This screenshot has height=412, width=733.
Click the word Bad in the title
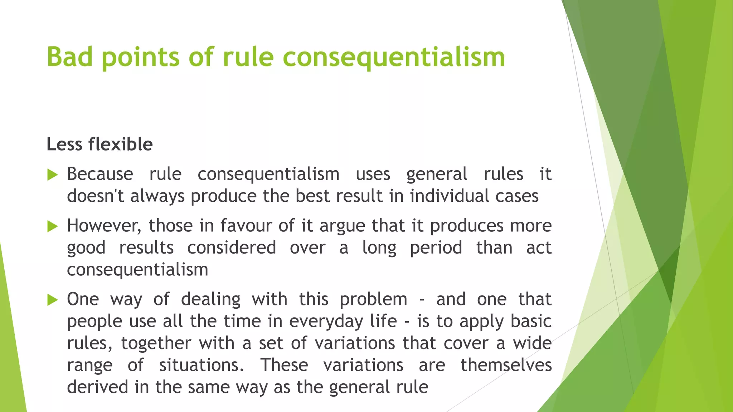70,57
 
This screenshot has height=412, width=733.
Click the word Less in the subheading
64,144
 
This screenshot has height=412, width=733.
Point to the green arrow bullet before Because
53,175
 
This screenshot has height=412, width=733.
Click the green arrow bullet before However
53,226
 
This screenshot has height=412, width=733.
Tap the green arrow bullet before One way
53,300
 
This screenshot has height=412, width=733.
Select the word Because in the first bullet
100,174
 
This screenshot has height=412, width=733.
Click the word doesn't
96,196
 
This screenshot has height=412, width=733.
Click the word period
436,248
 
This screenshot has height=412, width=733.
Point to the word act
539,248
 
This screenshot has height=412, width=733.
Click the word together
156,344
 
